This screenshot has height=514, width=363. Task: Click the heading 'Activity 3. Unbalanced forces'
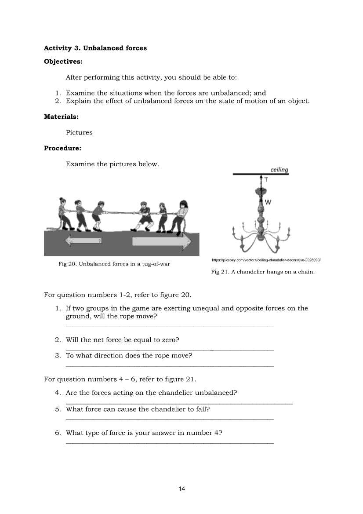tap(95, 48)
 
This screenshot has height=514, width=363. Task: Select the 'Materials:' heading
tap(61, 117)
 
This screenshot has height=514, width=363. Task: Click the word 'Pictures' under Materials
tap(79, 132)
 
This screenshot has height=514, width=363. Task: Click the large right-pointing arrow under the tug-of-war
tap(162, 241)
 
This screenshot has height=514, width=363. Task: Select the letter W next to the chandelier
tap(268, 202)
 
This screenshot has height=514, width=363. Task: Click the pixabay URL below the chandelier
tap(267, 260)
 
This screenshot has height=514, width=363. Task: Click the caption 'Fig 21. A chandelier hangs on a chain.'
tap(263, 272)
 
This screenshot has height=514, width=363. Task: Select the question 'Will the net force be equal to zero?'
tap(122, 340)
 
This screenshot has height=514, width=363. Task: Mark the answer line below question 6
tap(170, 443)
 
